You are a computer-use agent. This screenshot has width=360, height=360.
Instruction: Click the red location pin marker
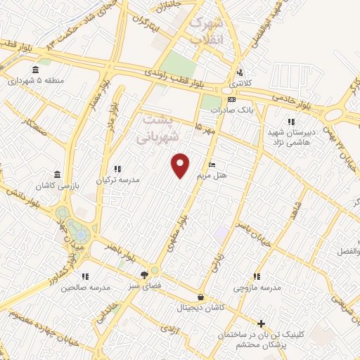(x=181, y=165)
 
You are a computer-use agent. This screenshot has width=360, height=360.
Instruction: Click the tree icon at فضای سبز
(x=144, y=274)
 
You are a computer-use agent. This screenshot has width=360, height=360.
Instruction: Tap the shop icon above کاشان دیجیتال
(x=202, y=297)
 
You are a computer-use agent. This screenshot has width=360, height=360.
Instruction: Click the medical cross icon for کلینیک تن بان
(x=261, y=324)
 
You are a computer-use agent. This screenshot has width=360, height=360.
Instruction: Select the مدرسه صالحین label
(x=86, y=287)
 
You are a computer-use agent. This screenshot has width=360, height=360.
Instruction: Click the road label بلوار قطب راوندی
(x=185, y=78)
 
